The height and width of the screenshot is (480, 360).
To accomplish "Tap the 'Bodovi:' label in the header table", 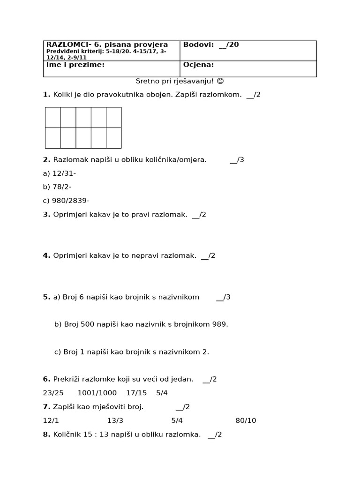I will pos(198,45).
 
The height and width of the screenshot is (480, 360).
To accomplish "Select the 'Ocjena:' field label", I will pos(198,65).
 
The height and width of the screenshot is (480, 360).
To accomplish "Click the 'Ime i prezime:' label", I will pos(75,65).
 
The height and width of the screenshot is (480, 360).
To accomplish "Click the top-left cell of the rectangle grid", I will pos(52,117).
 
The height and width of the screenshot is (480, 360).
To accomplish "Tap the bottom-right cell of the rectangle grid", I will pos(113,138).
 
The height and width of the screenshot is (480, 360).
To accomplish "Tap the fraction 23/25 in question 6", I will pos(52,393).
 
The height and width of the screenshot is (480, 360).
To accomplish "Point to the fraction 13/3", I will pos(115,420).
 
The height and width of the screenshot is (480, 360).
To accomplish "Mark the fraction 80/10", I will pos(246,420).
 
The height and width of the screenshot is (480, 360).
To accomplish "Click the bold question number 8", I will pos(46,435).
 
